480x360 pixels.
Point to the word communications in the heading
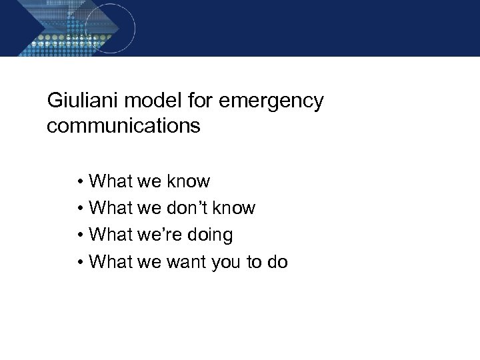pos(123,126)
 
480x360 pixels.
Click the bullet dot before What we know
pos(79,181)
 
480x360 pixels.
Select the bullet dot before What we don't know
pos(79,209)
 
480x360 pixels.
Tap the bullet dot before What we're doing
pos(79,235)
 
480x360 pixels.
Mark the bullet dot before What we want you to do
pos(79,263)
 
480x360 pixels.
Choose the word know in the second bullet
pos(233,208)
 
